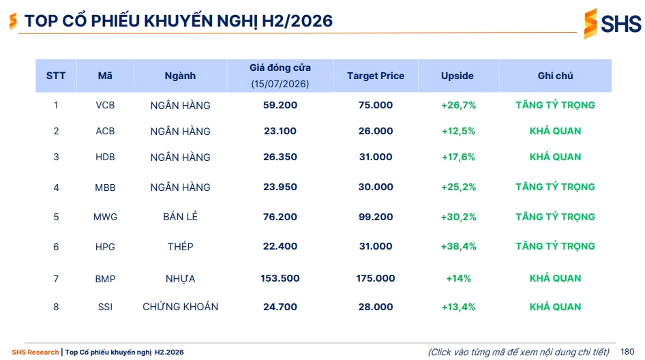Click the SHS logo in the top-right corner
point(612,23)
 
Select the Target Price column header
point(376,76)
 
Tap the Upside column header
point(457,76)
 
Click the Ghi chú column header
point(555,76)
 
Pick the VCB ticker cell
point(105,105)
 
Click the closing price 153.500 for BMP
point(280,279)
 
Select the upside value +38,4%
point(458,246)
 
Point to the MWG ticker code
point(105,217)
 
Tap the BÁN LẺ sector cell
point(180,216)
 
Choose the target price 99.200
point(376,217)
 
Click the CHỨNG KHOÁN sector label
point(180,307)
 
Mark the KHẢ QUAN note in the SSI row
point(555,307)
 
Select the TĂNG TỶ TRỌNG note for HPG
point(555,246)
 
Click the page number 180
point(627,352)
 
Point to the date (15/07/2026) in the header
point(280,84)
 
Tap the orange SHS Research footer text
point(35,352)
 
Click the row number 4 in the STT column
point(56,187)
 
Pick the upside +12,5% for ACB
point(458,131)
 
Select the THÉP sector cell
point(180,246)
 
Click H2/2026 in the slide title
point(297,21)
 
